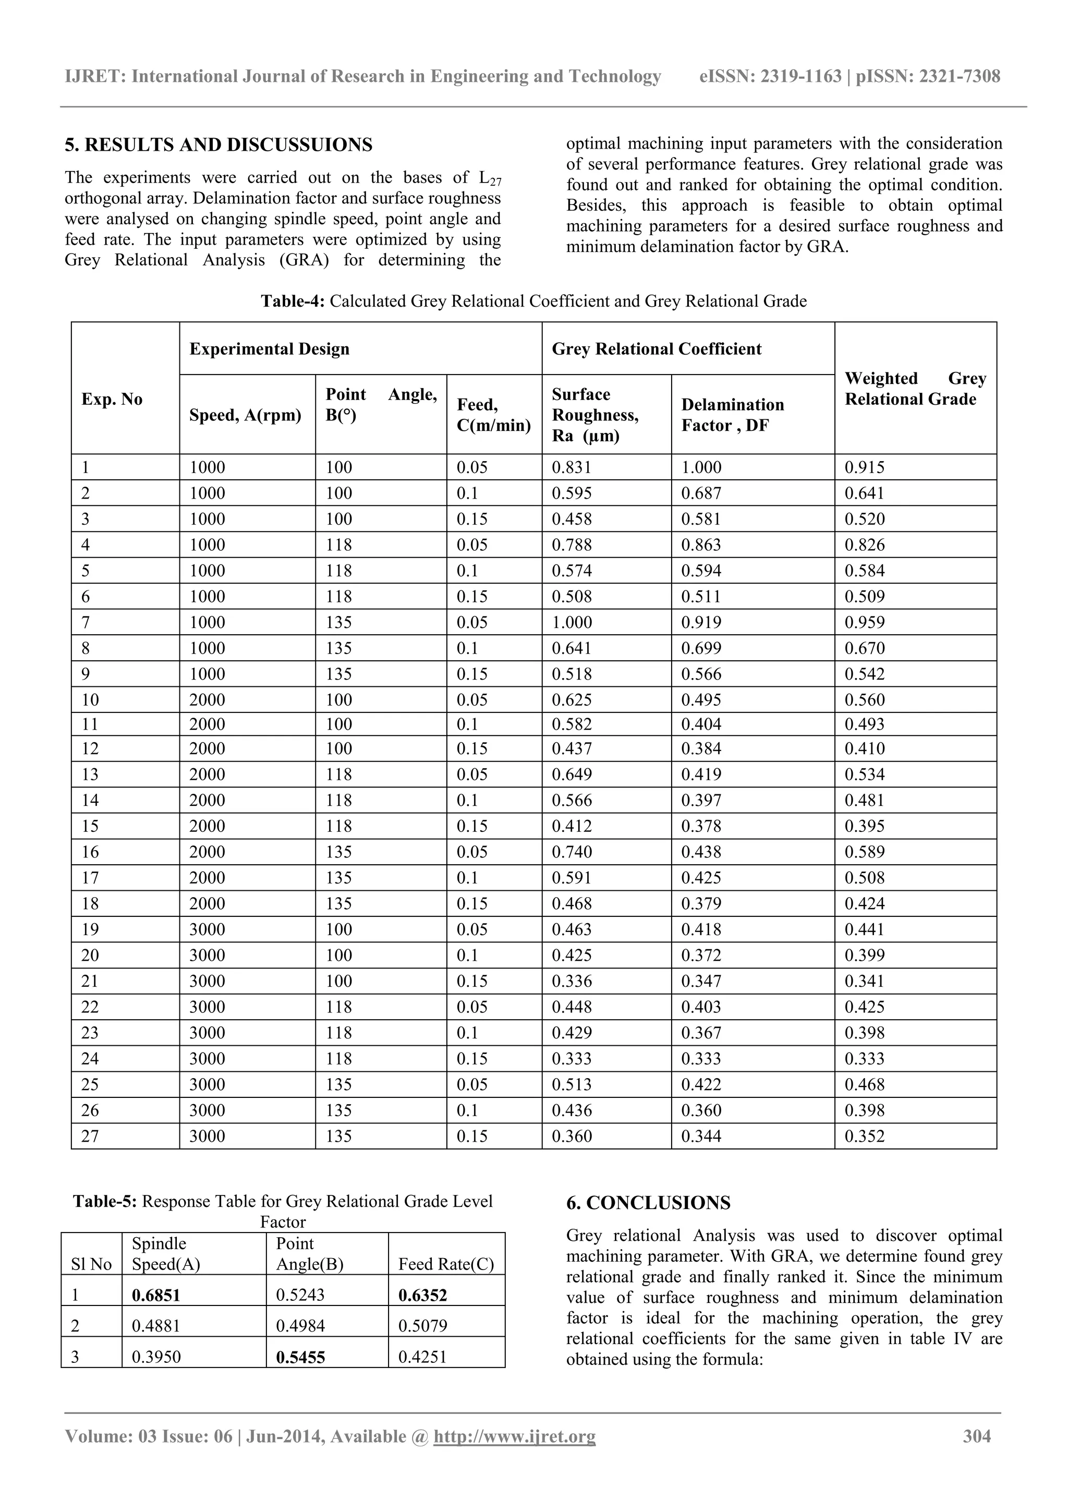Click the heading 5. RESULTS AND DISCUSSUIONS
click(219, 145)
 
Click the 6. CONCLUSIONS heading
click(648, 1202)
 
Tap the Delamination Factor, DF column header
click(732, 415)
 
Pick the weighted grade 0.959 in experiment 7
click(864, 622)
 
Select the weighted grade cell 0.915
click(864, 467)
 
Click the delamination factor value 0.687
click(701, 493)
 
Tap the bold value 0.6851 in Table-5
click(155, 1295)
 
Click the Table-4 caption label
click(293, 301)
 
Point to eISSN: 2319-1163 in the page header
click(770, 76)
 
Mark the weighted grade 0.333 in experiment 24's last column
click(864, 1058)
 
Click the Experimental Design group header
click(269, 349)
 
